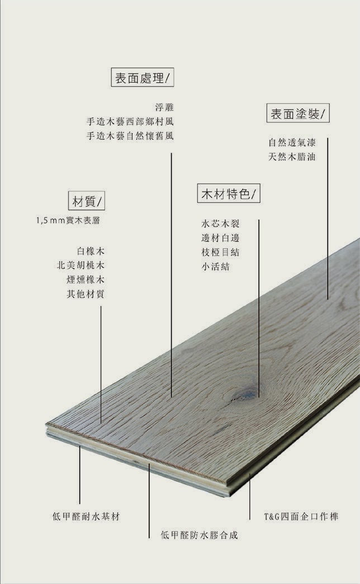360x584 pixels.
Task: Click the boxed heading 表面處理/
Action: click(x=143, y=78)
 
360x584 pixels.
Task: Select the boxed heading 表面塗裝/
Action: click(x=298, y=114)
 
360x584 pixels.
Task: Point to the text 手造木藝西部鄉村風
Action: click(x=130, y=121)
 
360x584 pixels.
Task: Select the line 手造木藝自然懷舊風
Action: click(x=130, y=136)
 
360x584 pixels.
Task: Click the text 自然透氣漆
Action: click(x=292, y=143)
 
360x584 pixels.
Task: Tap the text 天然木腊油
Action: click(x=292, y=157)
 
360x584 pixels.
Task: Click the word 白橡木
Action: click(x=90, y=250)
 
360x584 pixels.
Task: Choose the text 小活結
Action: click(x=215, y=267)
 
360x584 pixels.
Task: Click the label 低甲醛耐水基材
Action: click(x=86, y=516)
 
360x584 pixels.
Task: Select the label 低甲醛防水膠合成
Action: click(x=200, y=535)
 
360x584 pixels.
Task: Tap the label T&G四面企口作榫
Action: click(x=301, y=516)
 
